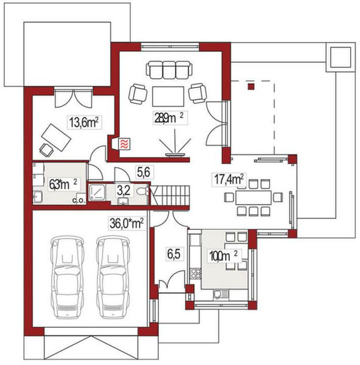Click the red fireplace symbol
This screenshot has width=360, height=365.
tap(123, 144)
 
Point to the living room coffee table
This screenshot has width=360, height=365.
tap(168, 96)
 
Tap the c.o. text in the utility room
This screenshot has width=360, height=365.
tap(78, 200)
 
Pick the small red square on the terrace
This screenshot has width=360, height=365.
tap(249, 87)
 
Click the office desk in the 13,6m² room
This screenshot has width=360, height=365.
tap(55, 133)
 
